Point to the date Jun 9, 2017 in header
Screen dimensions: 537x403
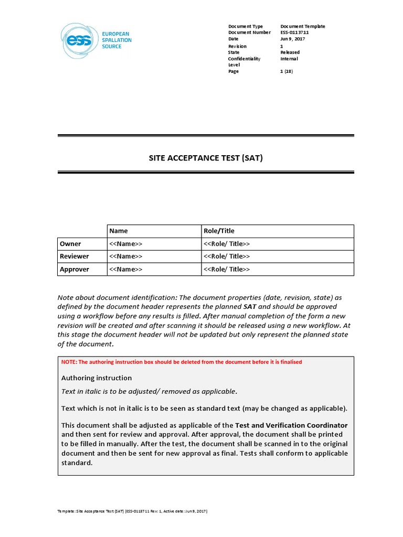[293, 39]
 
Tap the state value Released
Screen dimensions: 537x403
[290, 52]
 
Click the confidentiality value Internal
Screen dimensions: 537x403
[289, 59]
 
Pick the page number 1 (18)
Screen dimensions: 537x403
[287, 71]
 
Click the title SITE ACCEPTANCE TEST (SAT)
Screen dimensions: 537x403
[206, 157]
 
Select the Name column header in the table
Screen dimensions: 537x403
[119, 231]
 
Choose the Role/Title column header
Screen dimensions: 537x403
[219, 231]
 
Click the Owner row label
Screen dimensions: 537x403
[70, 244]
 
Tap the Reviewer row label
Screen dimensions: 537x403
[75, 256]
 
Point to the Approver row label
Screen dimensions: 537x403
[75, 269]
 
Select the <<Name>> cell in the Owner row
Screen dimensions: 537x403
[125, 244]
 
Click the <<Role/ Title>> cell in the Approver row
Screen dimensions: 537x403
[227, 269]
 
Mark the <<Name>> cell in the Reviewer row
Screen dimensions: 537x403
[125, 256]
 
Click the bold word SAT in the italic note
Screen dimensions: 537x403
[250, 306]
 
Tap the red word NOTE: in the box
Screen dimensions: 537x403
[69, 362]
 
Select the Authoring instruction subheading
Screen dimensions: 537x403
[97, 378]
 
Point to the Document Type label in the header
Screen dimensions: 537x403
[246, 26]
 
